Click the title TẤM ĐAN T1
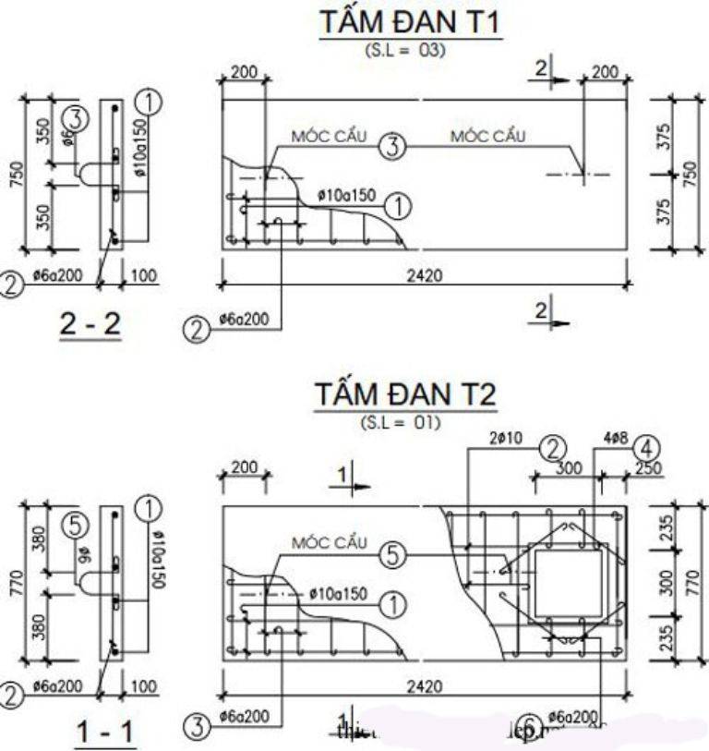[410, 25]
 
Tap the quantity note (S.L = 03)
[406, 50]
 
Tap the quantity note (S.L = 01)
[406, 423]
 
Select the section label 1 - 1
[104, 733]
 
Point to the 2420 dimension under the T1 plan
[424, 274]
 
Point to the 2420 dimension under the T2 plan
[424, 686]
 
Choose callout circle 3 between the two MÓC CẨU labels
[393, 146]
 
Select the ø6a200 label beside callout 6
[571, 716]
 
